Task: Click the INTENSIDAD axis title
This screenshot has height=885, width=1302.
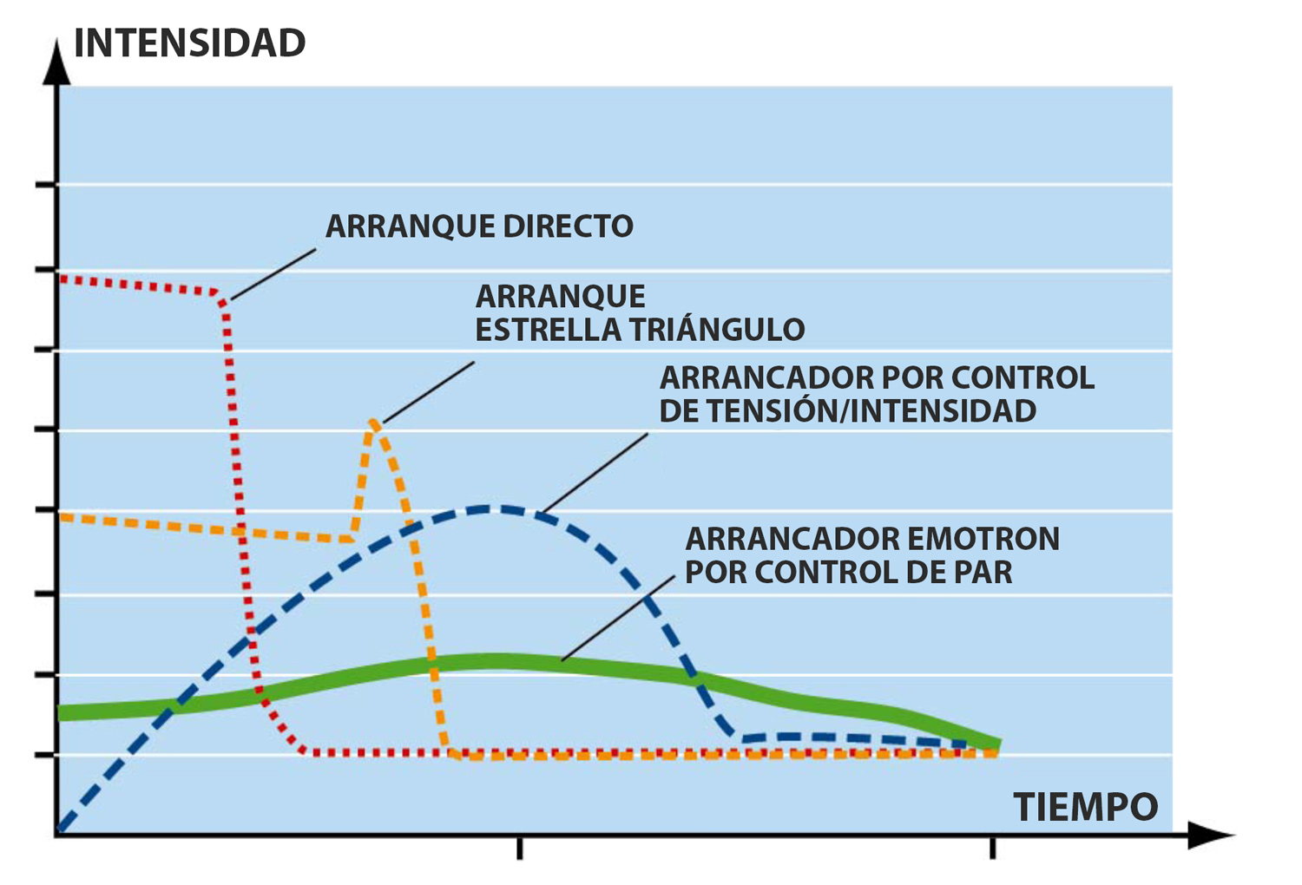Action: tap(189, 43)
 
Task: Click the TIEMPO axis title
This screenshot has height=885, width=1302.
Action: tap(1085, 808)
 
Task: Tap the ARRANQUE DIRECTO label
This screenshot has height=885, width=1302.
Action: tap(479, 226)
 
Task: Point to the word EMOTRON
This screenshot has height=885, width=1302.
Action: tap(983, 539)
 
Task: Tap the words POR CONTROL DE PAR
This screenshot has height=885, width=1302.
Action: tap(849, 573)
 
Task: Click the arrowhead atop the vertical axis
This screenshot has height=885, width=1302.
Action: tap(57, 61)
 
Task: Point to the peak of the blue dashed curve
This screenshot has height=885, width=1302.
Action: tap(490, 508)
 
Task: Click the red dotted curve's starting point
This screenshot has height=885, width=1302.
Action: tap(61, 279)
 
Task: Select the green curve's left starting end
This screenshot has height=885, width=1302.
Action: tap(61, 713)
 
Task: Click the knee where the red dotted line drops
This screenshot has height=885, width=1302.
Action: tap(224, 299)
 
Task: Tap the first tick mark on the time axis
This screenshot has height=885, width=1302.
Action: tap(519, 848)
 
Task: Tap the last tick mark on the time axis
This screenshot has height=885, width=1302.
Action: tap(993, 848)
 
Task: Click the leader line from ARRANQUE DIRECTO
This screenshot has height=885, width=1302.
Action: tap(273, 275)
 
